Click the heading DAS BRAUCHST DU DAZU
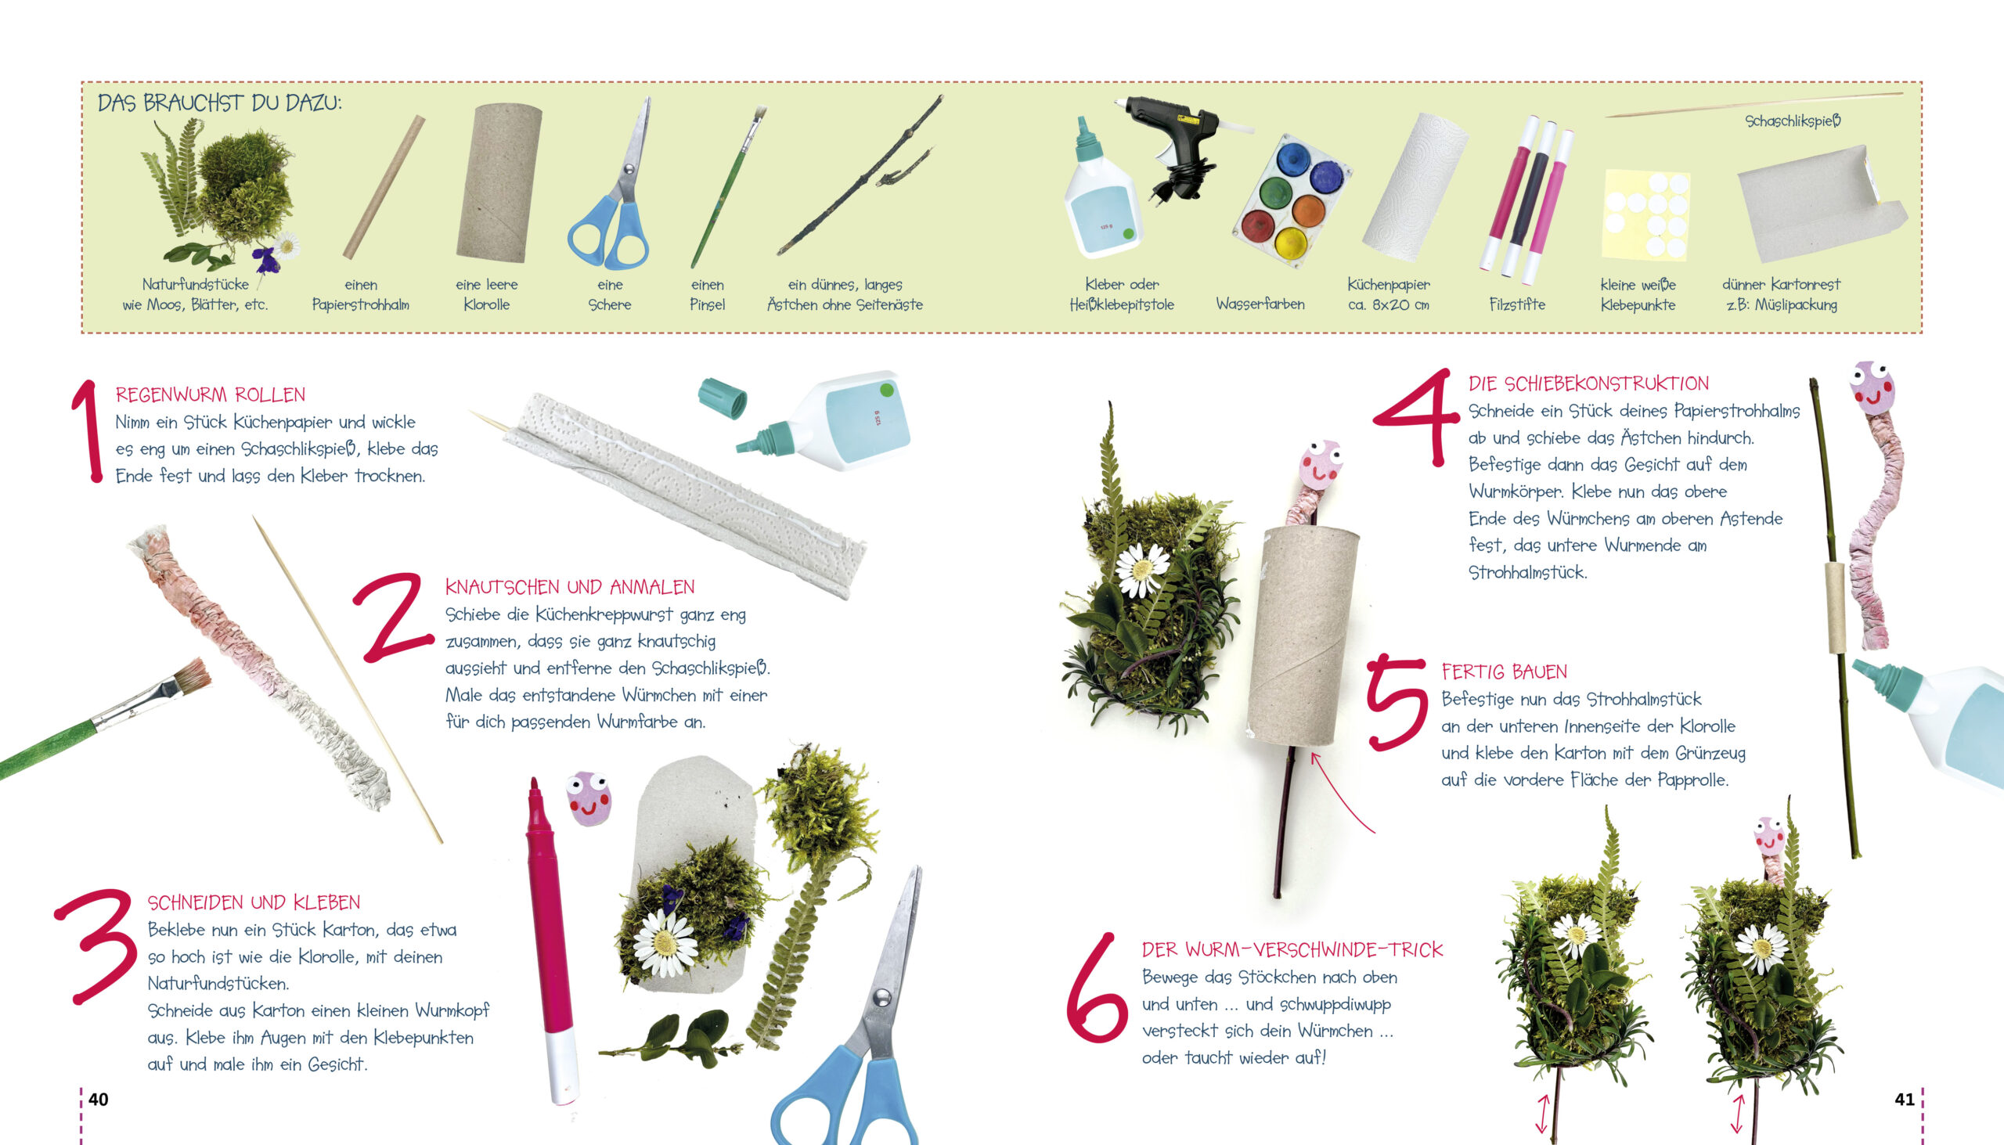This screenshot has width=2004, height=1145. pos(219,103)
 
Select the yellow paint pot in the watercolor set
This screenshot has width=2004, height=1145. pos(1291,242)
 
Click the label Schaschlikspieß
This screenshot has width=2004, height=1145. pos(1793,121)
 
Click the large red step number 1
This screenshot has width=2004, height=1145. pos(88,430)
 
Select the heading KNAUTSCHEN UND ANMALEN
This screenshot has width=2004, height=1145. pos(569,587)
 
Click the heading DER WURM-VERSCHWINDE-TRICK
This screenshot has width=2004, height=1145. pos(1292,950)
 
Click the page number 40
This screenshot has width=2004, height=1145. pos(99,1100)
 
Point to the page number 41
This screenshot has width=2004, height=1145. pos(1904,1100)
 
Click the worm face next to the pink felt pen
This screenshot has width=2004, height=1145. pos(589,798)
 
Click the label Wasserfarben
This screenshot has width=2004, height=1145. pos(1260,304)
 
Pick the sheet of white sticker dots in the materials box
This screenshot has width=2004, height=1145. pos(1645,214)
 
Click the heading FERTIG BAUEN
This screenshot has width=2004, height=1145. pos(1504,672)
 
